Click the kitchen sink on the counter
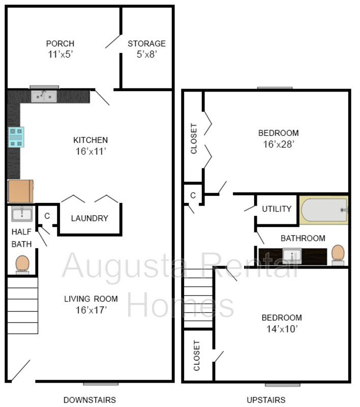(44, 96)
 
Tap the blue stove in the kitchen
(15, 137)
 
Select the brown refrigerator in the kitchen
(21, 191)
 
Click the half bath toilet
(22, 264)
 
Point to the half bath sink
(22, 214)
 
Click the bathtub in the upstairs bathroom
(324, 210)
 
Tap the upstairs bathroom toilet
(338, 254)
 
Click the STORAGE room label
(146, 44)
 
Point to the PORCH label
(60, 44)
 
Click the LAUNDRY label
(89, 218)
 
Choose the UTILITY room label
(277, 209)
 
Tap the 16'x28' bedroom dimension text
(279, 144)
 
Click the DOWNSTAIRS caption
(89, 400)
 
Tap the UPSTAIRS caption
(266, 400)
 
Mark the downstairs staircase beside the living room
(23, 304)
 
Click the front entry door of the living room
(20, 371)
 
